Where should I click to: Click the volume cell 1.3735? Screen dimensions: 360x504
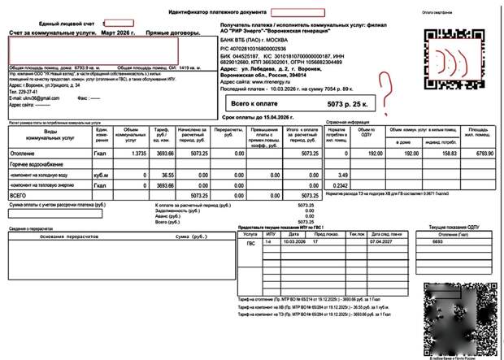138,153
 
